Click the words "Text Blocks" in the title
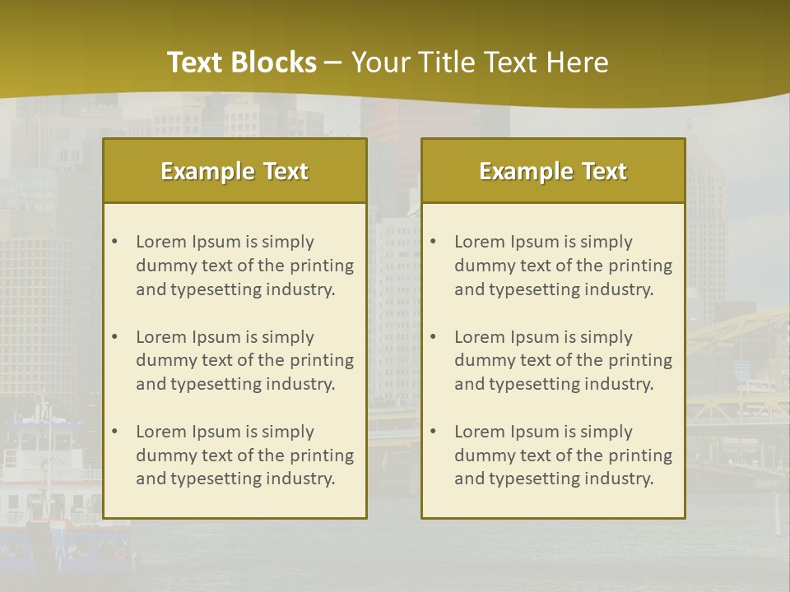point(241,62)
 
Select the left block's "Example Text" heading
point(235,171)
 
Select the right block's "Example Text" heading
point(553,171)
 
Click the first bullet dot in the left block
point(114,242)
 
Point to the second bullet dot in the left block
point(114,337)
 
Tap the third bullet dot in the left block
point(114,432)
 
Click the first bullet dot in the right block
point(433,242)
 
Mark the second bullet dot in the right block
point(433,337)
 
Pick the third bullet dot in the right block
point(433,432)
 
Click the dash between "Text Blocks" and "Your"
point(333,62)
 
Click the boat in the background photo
point(49,493)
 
